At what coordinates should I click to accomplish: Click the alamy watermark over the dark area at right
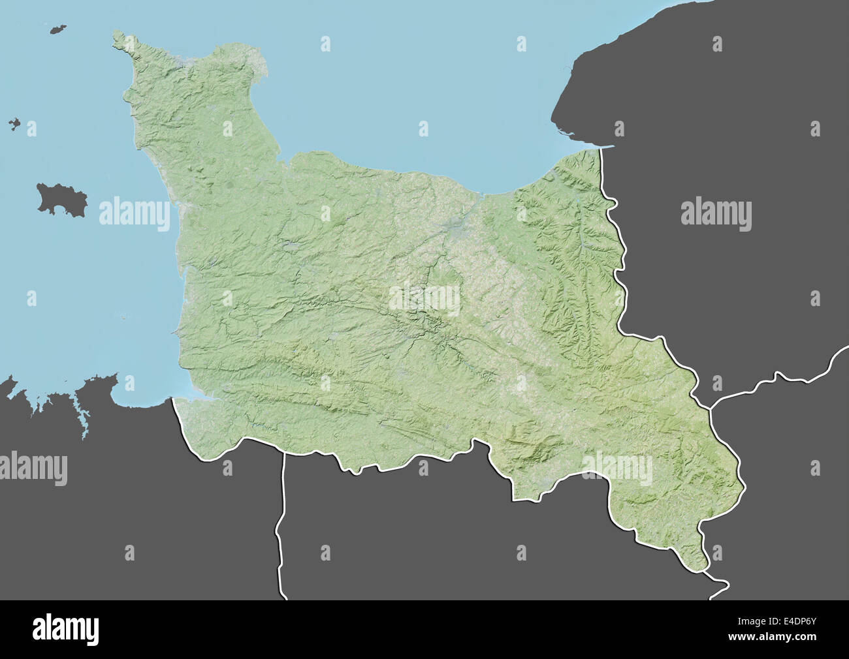point(716,213)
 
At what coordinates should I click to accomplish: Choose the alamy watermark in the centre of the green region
point(424,298)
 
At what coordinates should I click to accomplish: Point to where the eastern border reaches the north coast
point(600,148)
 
